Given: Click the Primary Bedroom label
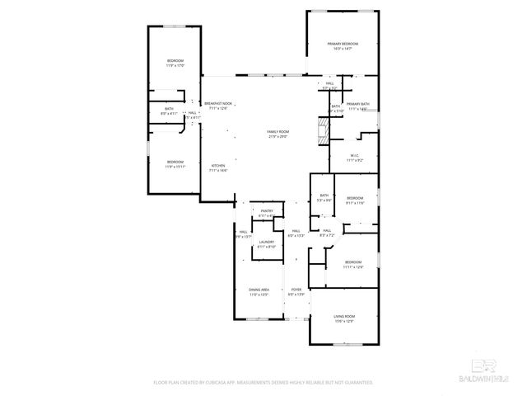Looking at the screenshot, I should pos(343,45).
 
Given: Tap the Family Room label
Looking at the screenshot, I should pos(278,134).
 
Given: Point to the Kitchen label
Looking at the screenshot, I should pos(218,167).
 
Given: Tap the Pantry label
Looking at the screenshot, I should pos(266,214).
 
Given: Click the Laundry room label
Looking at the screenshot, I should pos(266,244).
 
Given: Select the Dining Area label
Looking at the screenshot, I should pos(259,291).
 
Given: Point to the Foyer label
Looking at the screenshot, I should pos(296,291).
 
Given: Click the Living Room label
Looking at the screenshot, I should pos(343,318).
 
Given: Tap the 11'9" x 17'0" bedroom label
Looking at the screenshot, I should pos(175,64).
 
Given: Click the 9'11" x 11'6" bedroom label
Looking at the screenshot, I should pos(355,200).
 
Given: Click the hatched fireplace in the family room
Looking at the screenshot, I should pos(323,130).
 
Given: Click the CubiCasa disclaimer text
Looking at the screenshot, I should pos(263,383).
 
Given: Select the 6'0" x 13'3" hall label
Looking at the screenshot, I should pos(296,233).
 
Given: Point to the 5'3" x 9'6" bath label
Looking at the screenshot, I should pos(325,198).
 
